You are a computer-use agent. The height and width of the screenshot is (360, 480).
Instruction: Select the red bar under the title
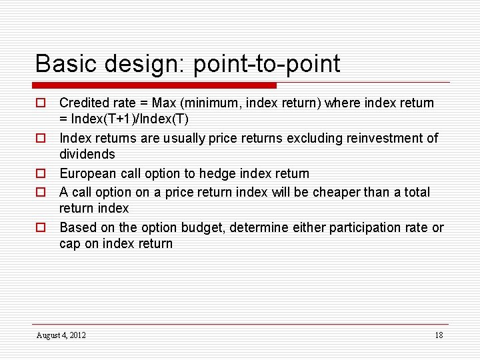pos(155,85)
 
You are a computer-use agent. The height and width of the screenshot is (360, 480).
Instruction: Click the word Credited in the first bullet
pos(84,103)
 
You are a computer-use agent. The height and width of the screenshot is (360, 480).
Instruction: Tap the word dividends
pos(87,155)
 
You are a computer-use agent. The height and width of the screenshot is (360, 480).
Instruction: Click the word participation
pos(350,228)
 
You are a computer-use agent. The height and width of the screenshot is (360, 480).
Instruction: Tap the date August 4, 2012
pos(61,335)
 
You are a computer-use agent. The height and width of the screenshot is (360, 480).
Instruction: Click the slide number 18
pos(438,335)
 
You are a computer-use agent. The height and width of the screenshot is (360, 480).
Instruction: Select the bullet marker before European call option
pos(41,174)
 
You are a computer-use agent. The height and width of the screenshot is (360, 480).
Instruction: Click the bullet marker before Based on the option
pos(41,228)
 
